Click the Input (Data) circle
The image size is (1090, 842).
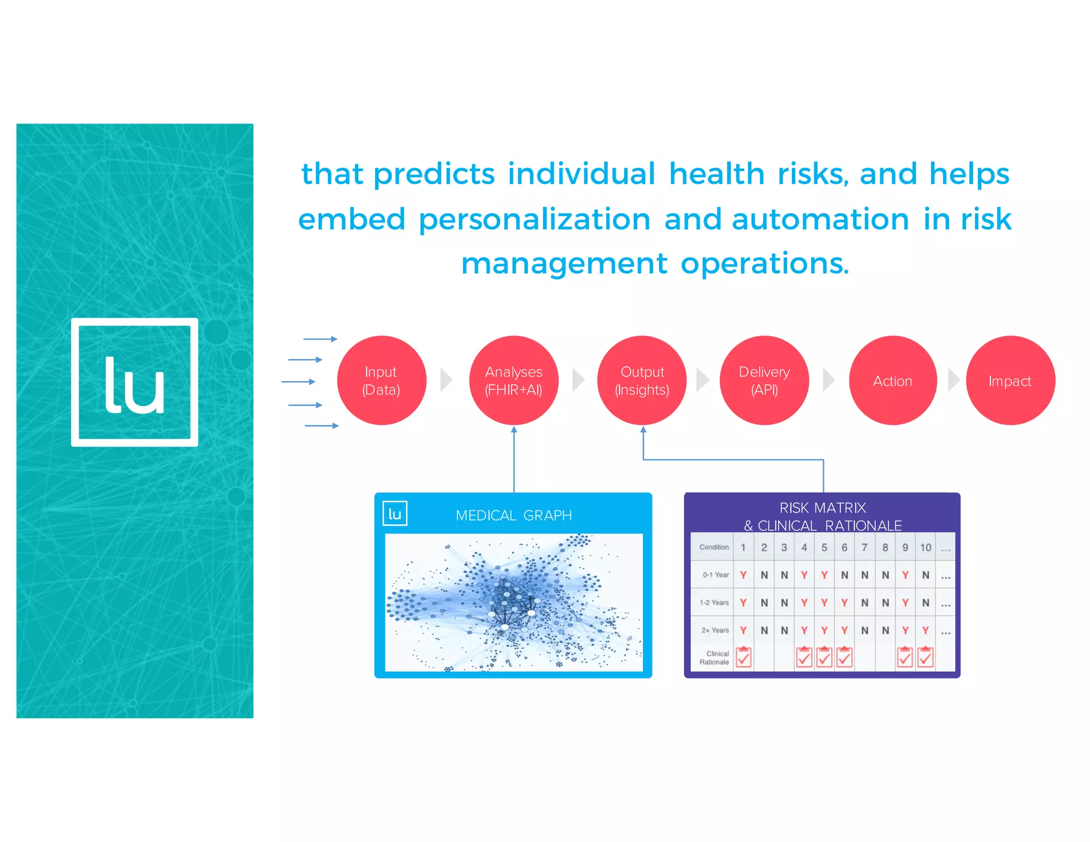click(381, 380)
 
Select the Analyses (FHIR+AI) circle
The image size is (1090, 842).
click(514, 380)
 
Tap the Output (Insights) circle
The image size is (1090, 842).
click(642, 380)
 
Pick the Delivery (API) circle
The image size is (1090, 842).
click(764, 380)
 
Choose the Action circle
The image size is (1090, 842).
click(893, 380)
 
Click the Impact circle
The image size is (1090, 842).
click(1010, 380)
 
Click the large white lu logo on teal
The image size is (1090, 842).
click(135, 382)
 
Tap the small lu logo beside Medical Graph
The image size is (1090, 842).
click(395, 514)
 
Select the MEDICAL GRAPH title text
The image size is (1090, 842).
click(514, 515)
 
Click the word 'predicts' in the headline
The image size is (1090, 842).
click(434, 175)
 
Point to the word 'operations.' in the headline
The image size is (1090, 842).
click(765, 264)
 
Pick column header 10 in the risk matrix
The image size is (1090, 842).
click(926, 547)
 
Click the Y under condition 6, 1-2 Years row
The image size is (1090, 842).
click(844, 602)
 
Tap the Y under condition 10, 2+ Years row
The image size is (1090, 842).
click(926, 630)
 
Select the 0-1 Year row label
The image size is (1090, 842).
click(715, 575)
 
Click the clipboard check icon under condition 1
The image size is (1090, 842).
click(744, 657)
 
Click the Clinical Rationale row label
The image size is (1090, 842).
click(714, 658)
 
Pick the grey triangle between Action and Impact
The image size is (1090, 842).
click(953, 380)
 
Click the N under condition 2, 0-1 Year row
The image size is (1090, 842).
click(764, 575)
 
